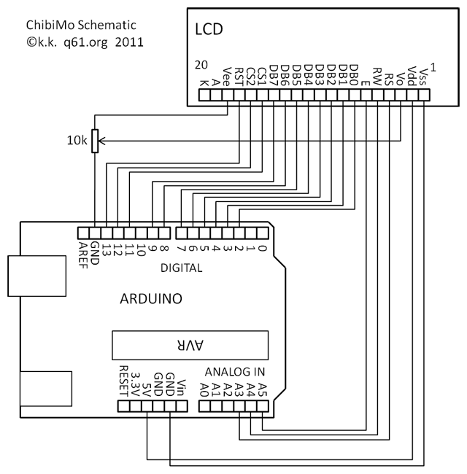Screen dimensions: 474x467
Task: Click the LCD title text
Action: [209, 30]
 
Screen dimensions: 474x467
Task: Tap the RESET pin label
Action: [123, 380]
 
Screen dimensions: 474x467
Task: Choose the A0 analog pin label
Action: [205, 389]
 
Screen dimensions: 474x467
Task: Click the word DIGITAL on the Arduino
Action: [182, 268]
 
